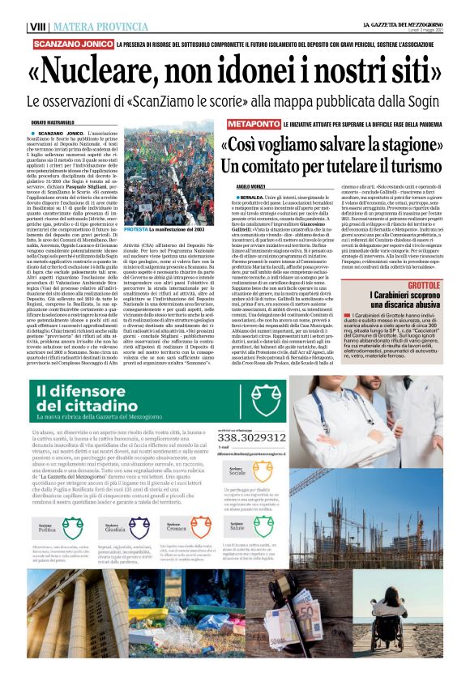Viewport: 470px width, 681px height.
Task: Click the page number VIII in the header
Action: coord(36,27)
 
